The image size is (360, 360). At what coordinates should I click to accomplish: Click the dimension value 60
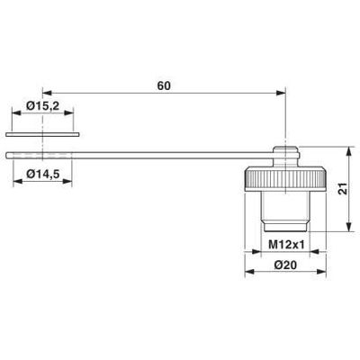point(163,86)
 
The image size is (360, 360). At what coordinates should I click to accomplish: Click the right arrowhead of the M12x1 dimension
point(306,253)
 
